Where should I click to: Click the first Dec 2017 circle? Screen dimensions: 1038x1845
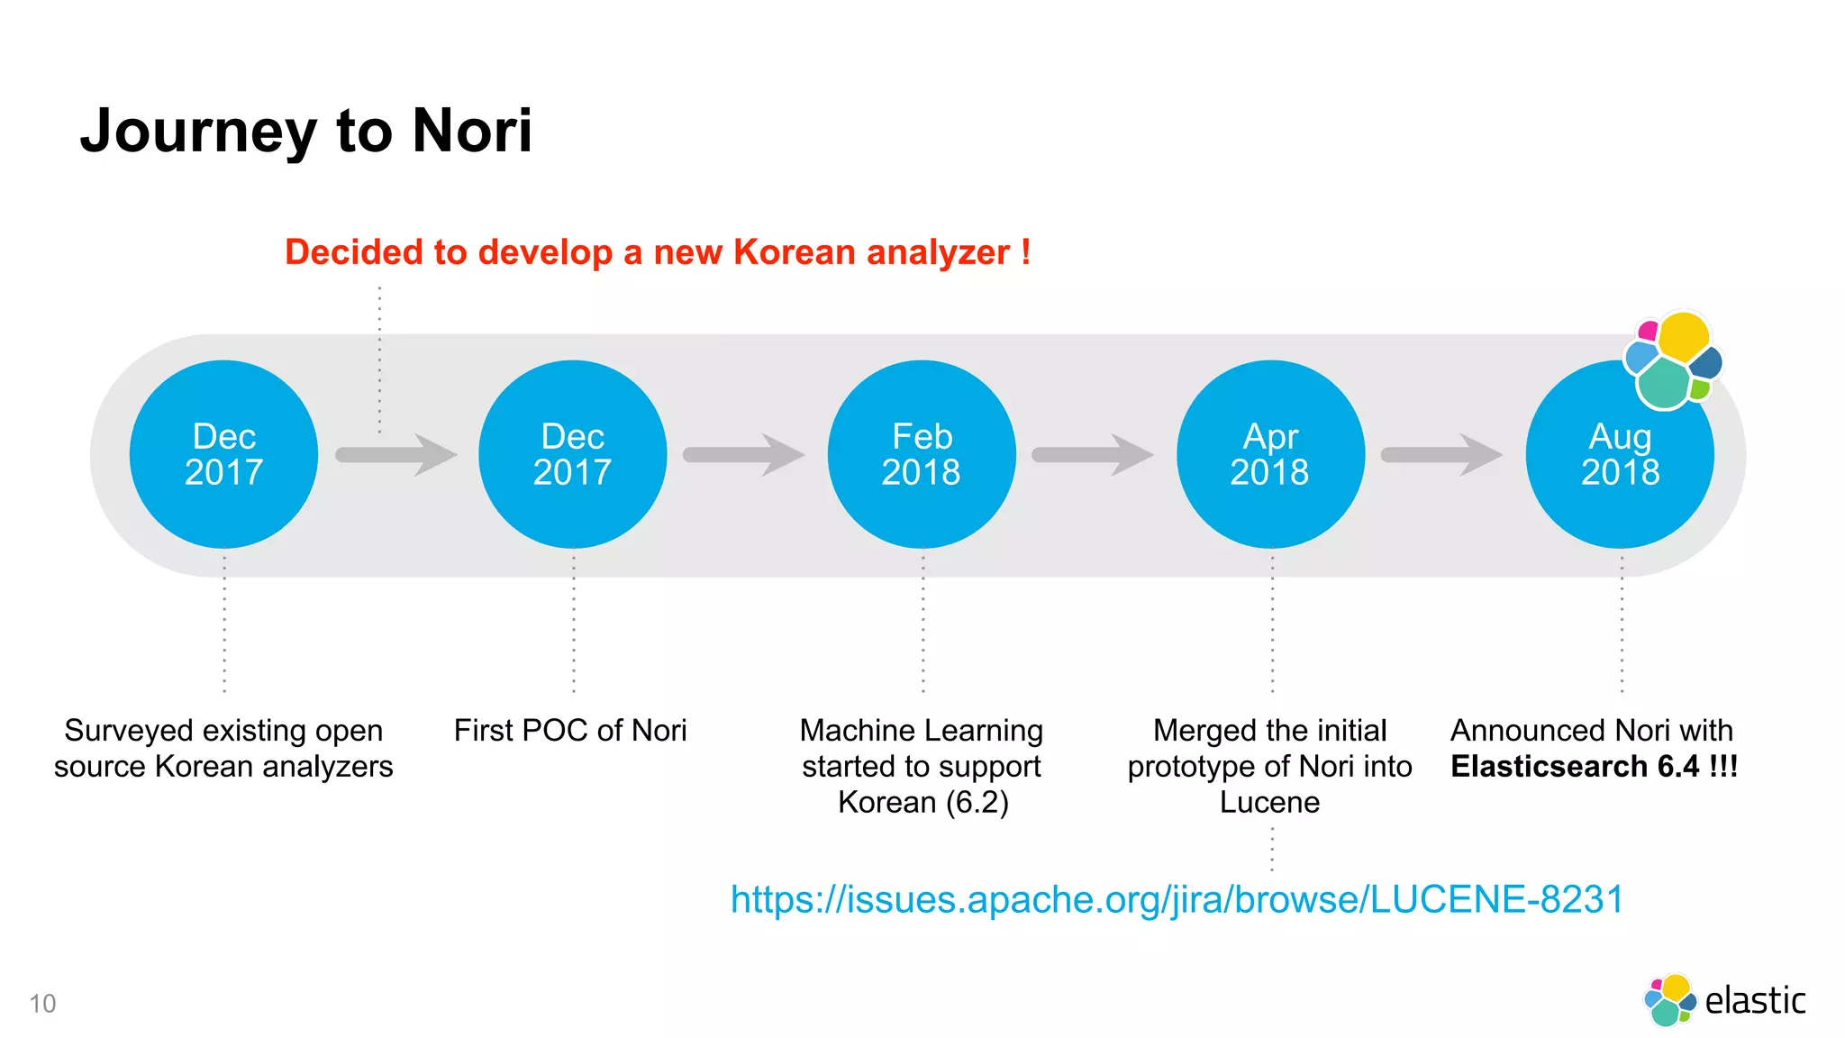[x=223, y=454]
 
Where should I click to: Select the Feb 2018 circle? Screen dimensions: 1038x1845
[x=921, y=454]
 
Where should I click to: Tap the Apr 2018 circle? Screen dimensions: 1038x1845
[x=1270, y=454]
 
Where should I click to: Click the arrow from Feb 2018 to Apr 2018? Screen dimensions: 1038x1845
[x=1092, y=454]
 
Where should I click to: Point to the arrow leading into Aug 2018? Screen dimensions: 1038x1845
[x=1441, y=454]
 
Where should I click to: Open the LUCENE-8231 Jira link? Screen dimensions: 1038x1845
[x=1177, y=899]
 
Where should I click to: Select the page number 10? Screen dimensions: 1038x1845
[x=42, y=1004]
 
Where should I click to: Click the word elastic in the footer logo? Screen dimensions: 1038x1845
[x=1755, y=1001]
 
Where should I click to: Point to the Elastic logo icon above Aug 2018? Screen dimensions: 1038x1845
[x=1673, y=360]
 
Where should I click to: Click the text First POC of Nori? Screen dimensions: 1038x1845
[x=570, y=730]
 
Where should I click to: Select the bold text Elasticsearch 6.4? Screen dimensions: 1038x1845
[x=1575, y=766]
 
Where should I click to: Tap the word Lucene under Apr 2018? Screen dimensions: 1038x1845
[x=1269, y=802]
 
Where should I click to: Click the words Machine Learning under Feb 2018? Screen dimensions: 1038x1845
[x=921, y=730]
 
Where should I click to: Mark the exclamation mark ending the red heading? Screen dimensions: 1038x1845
[x=1025, y=252]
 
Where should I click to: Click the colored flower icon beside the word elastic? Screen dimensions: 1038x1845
[x=1669, y=1000]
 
